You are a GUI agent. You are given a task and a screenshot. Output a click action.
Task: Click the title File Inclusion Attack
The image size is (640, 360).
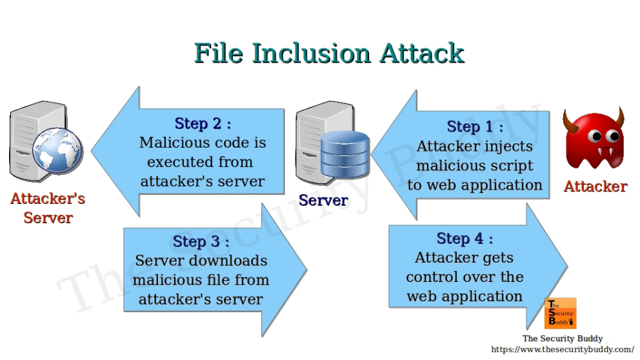pos(329,53)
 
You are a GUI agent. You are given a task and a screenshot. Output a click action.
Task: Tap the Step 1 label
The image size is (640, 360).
pos(474,126)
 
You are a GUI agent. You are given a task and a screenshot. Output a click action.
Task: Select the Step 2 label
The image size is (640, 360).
pos(203,123)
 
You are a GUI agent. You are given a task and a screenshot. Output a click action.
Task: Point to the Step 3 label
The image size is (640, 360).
pos(201,242)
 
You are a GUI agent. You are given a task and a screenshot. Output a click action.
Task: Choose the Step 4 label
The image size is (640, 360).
pos(465,239)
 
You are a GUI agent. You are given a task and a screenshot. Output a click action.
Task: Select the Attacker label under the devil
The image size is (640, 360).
pos(595,186)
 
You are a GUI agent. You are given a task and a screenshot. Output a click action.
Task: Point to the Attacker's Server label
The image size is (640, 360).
pos(48,208)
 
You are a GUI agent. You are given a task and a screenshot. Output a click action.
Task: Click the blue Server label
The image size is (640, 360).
pos(323,201)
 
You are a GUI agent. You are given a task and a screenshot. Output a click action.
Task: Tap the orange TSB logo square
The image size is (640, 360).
pos(560,314)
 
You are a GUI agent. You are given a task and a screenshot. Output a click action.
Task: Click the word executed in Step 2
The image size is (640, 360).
pos(172,162)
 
